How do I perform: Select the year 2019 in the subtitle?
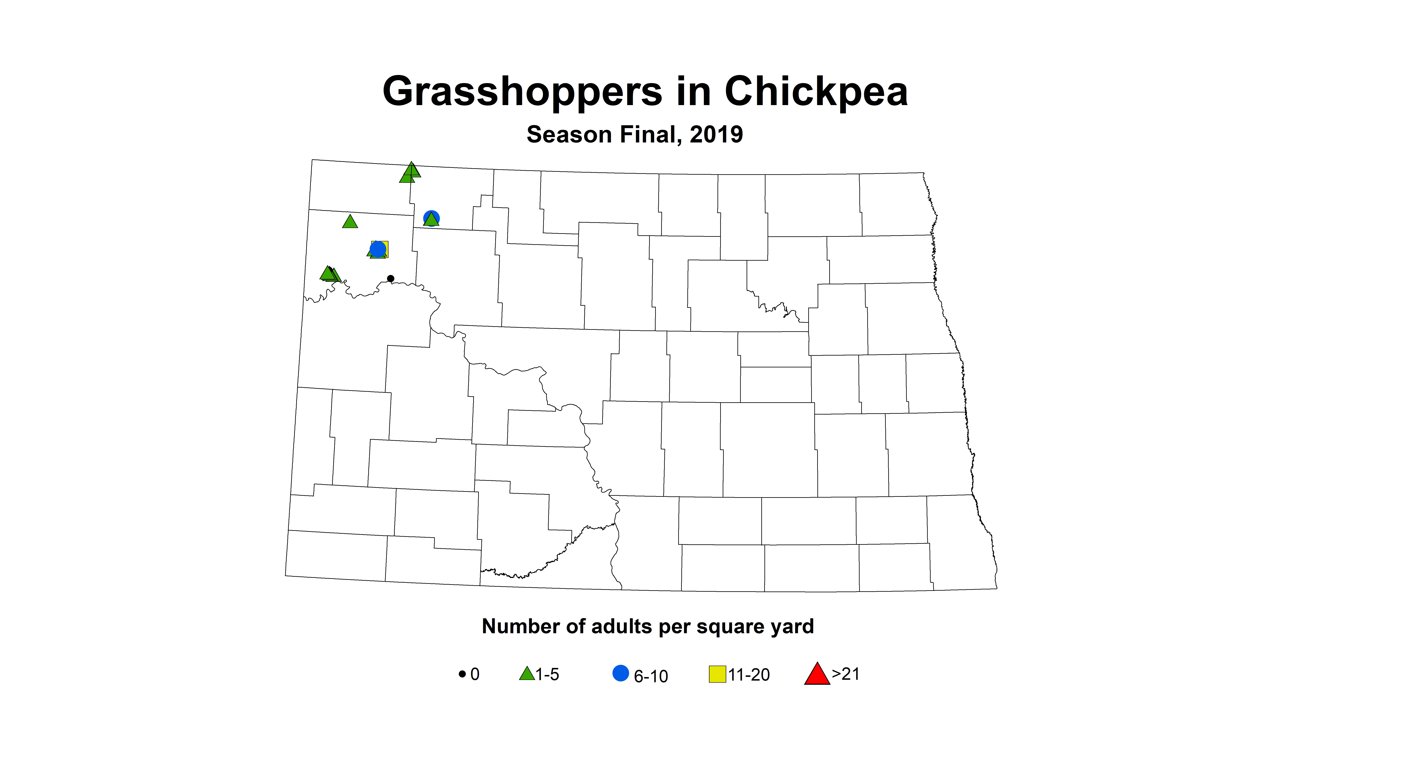(716, 134)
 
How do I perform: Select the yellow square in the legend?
(717, 674)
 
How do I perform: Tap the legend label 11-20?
(749, 674)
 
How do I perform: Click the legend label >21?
(845, 674)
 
